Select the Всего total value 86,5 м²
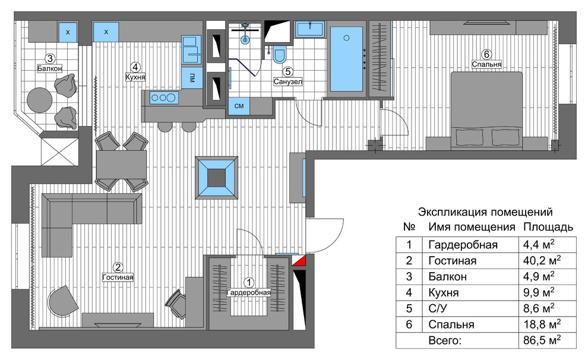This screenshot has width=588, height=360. (542, 340)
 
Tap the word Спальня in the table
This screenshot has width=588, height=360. (451, 324)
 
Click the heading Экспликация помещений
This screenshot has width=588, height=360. (485, 212)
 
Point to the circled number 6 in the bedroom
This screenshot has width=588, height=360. (486, 55)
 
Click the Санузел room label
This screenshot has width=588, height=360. (287, 81)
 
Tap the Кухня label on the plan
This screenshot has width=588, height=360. (135, 77)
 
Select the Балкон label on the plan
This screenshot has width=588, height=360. (49, 69)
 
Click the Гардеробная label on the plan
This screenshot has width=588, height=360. (249, 292)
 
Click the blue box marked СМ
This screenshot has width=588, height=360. (239, 106)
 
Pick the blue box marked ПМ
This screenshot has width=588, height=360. (192, 78)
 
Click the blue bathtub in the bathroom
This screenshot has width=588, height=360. (346, 59)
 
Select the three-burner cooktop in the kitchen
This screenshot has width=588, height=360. (163, 98)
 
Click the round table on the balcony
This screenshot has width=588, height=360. (40, 100)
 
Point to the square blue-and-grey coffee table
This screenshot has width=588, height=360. (216, 178)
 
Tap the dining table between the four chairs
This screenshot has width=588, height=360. (122, 165)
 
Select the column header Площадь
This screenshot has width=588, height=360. (548, 227)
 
